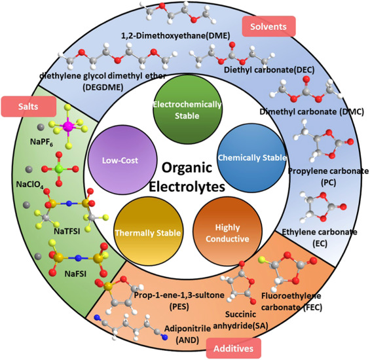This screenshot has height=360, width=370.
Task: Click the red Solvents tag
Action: click(x=269, y=26)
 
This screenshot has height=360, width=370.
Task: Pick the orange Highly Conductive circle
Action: click(x=223, y=223)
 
